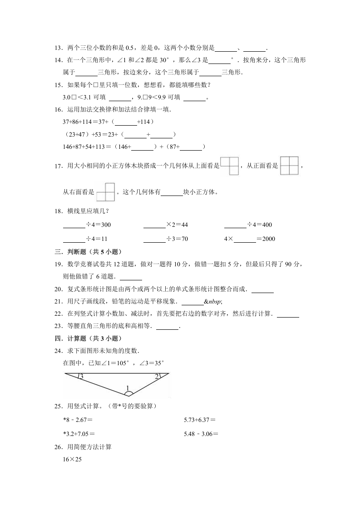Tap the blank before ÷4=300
(x=74, y=225)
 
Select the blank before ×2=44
(x=154, y=225)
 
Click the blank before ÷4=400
(x=235, y=225)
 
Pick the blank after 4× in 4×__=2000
(x=245, y=239)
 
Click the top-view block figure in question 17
(x=229, y=166)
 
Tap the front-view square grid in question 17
(x=289, y=166)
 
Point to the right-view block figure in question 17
(x=105, y=192)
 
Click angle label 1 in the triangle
(x=128, y=388)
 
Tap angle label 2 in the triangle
(x=157, y=377)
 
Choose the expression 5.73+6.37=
(x=199, y=421)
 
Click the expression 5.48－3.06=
(x=201, y=434)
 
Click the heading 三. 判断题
(x=88, y=252)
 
